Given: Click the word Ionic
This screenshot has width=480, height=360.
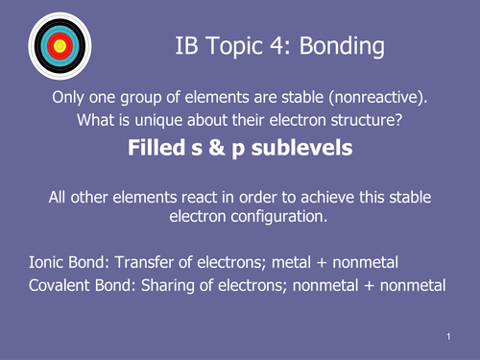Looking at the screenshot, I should (45, 260).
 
